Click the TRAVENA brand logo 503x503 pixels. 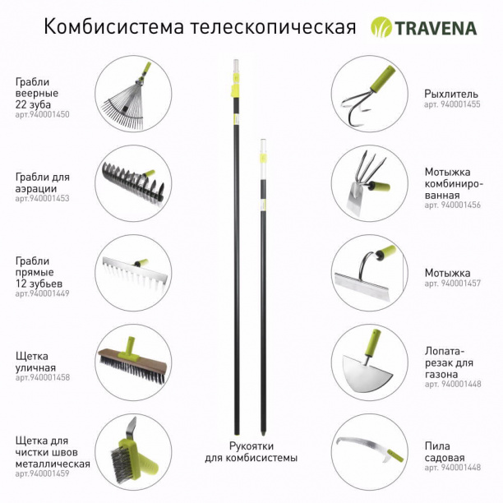[423, 27]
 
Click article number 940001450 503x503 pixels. [42, 114]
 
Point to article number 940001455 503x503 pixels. [452, 105]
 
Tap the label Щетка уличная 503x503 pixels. [35, 362]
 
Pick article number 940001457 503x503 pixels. [452, 284]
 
